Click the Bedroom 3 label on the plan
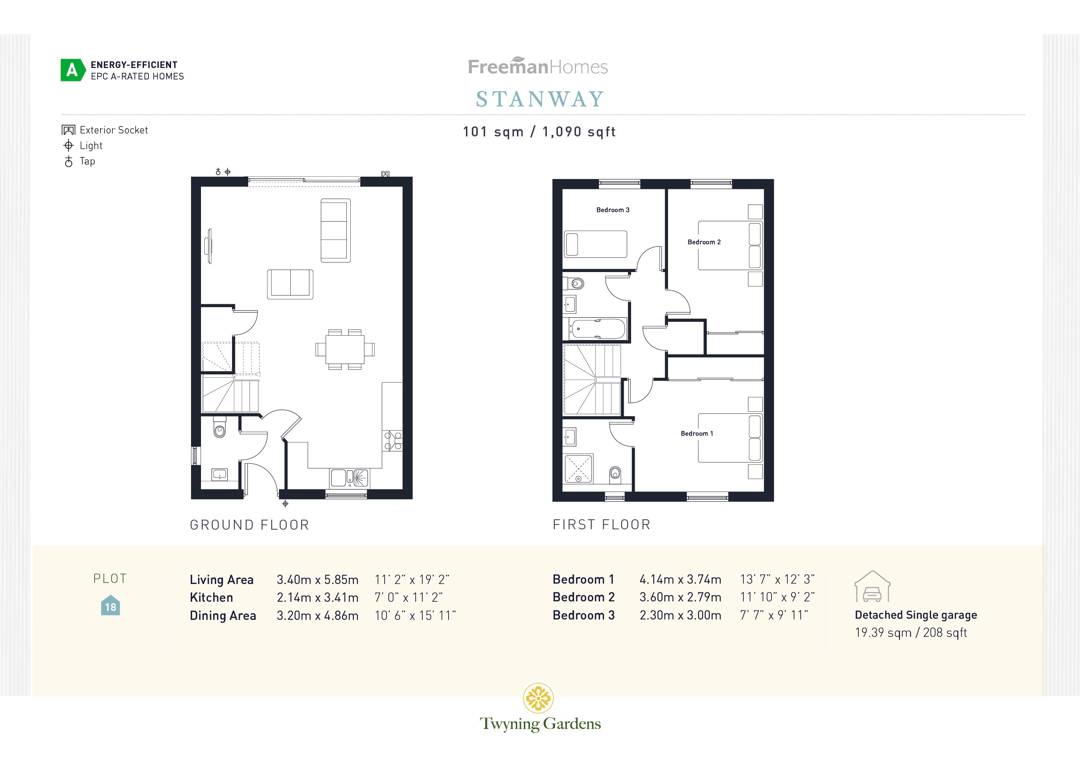click(x=613, y=210)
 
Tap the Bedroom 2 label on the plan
click(x=704, y=242)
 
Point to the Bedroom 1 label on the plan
click(x=696, y=433)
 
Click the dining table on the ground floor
click(x=345, y=349)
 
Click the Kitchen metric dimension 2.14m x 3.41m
click(x=317, y=597)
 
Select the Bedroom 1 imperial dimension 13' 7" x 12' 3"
click(x=777, y=579)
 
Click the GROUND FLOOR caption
click(x=249, y=524)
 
